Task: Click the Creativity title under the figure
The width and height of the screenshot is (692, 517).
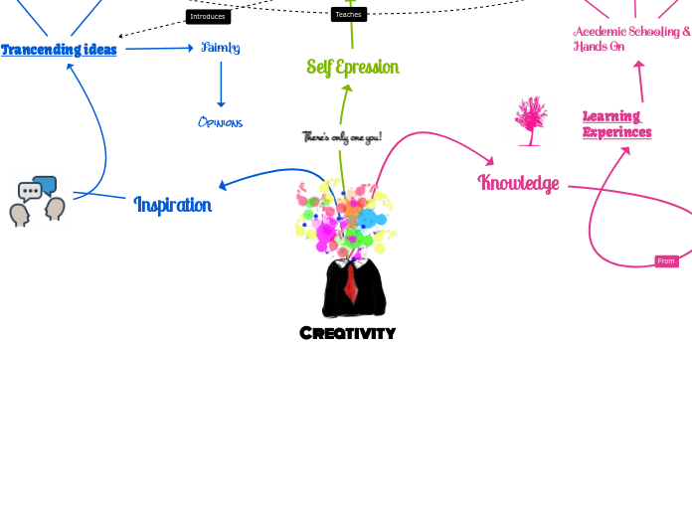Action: [347, 333]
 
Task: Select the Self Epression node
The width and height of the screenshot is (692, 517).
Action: [352, 68]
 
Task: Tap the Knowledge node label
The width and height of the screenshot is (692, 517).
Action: [518, 183]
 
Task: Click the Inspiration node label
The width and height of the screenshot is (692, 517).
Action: [172, 205]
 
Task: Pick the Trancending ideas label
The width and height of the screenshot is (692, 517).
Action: [59, 50]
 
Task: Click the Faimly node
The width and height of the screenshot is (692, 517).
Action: [220, 47]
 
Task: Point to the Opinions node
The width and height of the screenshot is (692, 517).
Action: [220, 122]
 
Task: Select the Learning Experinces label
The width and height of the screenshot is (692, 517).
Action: [616, 124]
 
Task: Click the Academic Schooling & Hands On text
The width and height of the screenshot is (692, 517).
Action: [631, 39]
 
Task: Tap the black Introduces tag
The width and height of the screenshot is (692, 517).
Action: [208, 17]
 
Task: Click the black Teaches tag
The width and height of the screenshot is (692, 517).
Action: [348, 15]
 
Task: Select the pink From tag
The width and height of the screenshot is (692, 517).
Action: [666, 261]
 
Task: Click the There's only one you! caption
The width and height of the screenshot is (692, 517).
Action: [341, 137]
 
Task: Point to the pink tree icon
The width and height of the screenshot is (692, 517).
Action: [531, 121]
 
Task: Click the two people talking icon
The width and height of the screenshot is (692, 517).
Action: [38, 202]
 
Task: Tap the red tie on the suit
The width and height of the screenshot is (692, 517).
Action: [351, 281]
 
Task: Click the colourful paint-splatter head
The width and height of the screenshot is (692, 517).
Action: [346, 219]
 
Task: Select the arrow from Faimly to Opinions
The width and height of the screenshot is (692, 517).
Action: [221, 85]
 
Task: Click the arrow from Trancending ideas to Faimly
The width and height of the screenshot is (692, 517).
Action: [159, 48]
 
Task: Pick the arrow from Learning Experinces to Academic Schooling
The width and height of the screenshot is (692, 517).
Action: [640, 82]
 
